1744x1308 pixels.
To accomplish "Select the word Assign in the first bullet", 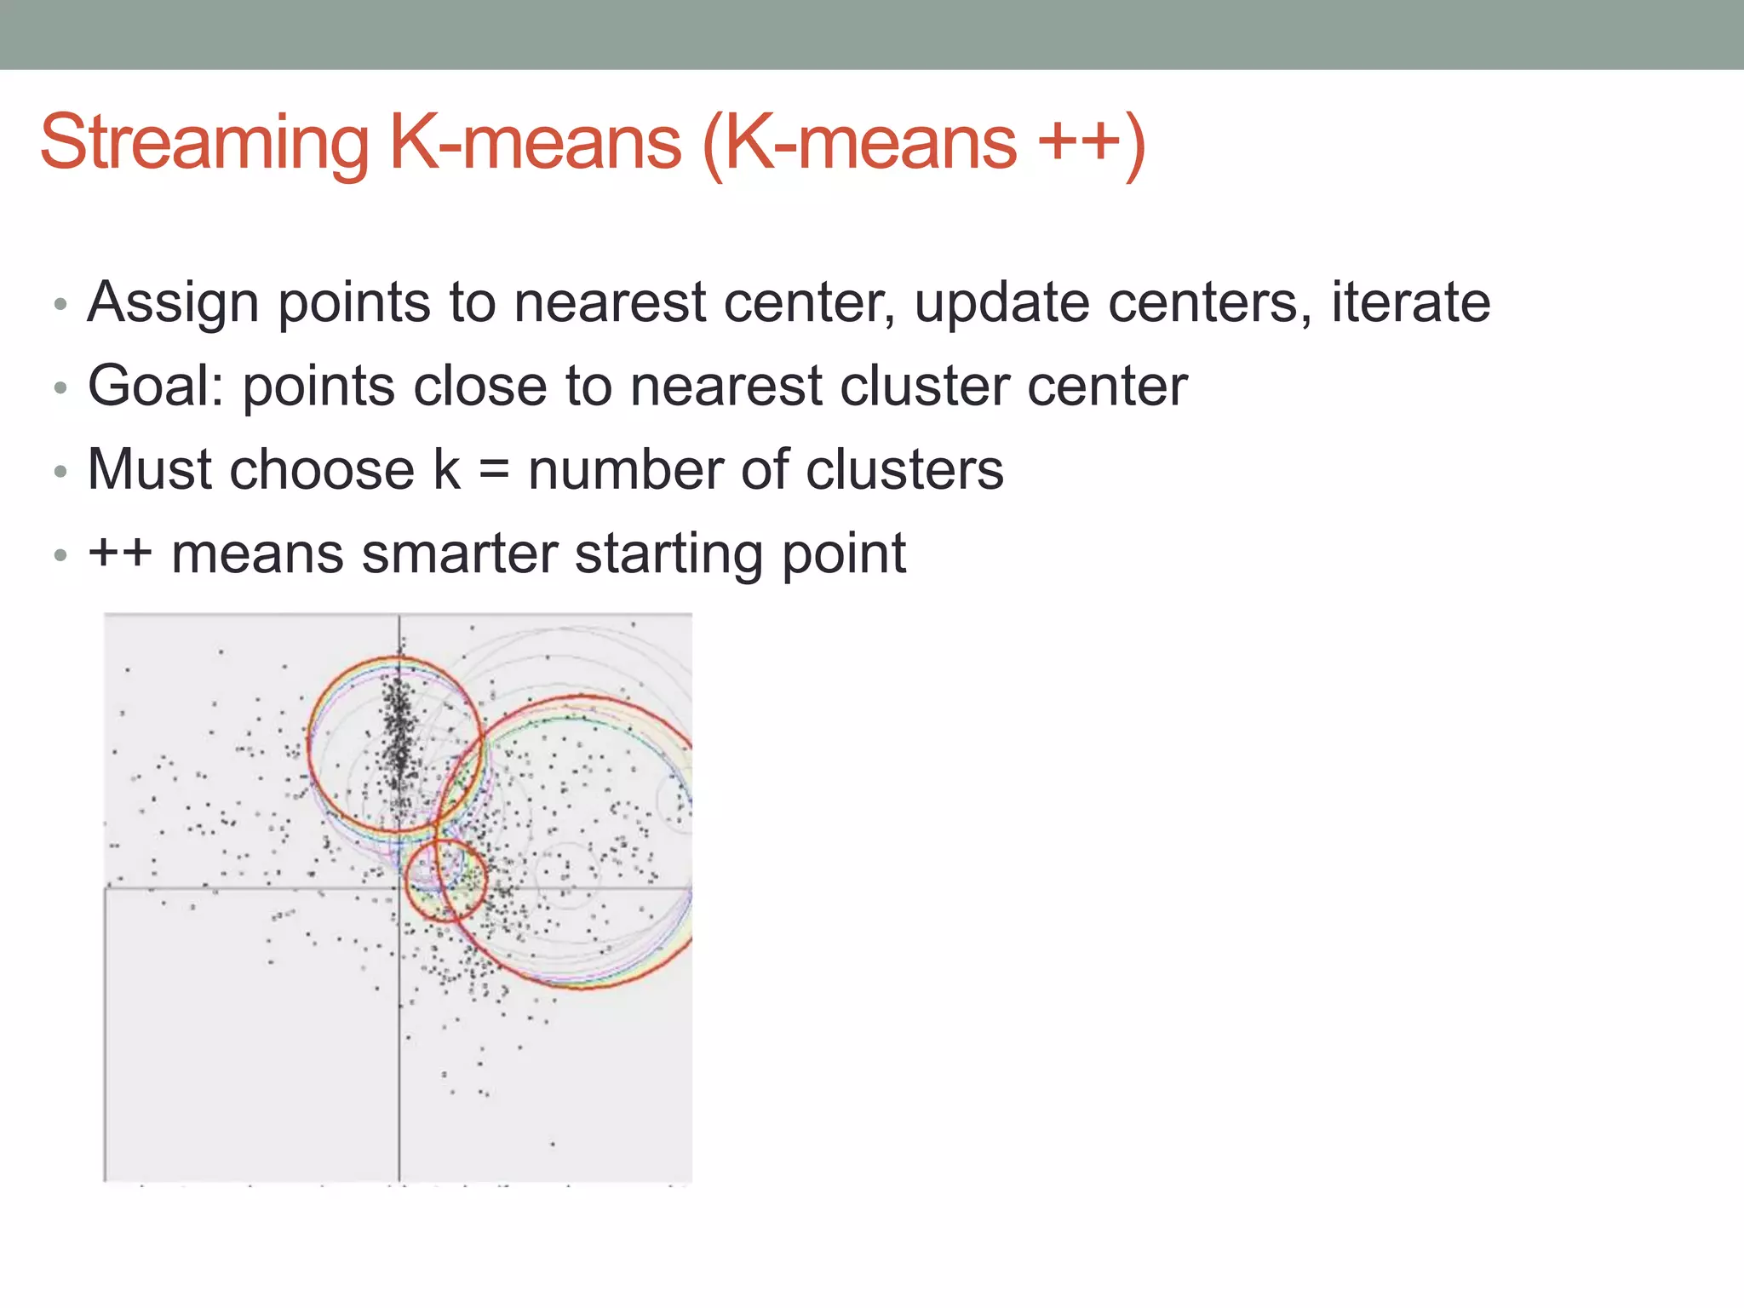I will (x=173, y=303).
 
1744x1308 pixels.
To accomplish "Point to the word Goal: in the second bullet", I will (x=156, y=386).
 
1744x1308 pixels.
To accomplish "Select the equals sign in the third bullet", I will (x=494, y=471).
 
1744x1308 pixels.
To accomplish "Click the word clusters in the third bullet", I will (x=904, y=469).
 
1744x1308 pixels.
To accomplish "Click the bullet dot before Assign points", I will (x=60, y=305).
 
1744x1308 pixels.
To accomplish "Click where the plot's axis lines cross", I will (x=399, y=889).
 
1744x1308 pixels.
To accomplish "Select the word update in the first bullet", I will (x=1001, y=303).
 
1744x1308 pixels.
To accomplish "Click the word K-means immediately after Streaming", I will (x=536, y=143).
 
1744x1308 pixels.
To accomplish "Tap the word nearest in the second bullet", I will (x=725, y=386).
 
